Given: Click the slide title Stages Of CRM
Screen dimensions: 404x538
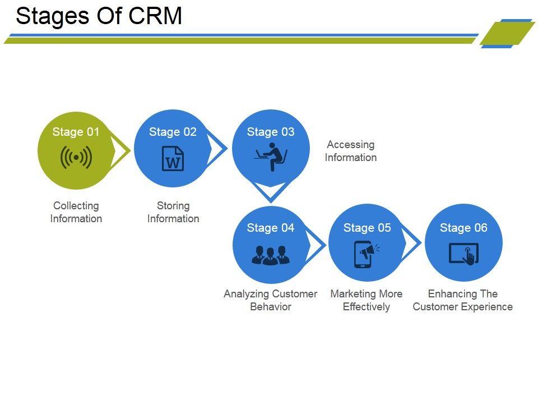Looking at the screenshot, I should coord(99,16).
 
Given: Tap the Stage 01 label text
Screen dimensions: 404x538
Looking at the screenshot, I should coord(76,132).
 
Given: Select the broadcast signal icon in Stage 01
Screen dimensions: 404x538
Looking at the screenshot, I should coord(76,158).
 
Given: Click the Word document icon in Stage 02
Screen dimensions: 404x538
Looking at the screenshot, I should coord(173,158).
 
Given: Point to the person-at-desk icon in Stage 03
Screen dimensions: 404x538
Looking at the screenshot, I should coord(271,157).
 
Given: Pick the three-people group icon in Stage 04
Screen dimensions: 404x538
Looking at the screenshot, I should coord(270,255).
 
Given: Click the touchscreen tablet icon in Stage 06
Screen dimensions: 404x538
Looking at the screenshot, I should coord(464,254).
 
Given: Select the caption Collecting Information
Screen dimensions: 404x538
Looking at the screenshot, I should coord(76,212).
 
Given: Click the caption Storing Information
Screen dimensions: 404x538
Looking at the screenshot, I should coord(173,212).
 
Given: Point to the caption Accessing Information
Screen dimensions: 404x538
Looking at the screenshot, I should coord(351,151).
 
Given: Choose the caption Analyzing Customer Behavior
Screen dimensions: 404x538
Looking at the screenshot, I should coord(271,300).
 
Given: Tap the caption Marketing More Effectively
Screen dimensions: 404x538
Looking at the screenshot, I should coord(367,300).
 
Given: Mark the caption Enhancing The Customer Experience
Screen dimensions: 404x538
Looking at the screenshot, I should coord(463,300).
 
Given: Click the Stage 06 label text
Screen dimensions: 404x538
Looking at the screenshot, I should coord(463,228).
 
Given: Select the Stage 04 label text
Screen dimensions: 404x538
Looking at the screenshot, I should coord(270,228).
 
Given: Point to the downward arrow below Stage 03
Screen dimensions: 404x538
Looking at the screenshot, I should coord(271,192).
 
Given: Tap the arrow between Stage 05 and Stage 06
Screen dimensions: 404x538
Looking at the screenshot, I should coord(412,244).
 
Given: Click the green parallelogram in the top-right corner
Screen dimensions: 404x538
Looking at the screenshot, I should coord(507,34).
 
